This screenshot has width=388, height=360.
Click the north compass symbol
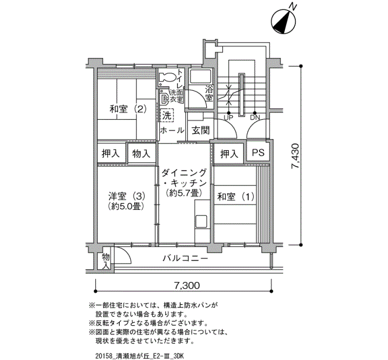[284, 21]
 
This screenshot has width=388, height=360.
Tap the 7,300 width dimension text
[187, 286]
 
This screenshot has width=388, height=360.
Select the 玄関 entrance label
[201, 130]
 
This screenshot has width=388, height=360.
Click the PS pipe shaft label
[258, 152]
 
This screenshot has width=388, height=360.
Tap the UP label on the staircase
[228, 117]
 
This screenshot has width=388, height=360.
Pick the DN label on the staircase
[254, 117]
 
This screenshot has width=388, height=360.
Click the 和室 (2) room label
[128, 109]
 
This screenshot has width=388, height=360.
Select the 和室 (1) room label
[236, 197]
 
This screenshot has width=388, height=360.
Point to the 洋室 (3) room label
[126, 196]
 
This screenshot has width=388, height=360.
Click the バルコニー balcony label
[185, 259]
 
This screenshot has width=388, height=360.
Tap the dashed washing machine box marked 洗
[167, 115]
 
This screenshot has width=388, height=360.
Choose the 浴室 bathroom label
[209, 93]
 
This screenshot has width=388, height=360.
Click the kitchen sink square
[201, 222]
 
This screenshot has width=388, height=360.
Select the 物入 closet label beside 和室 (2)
[141, 154]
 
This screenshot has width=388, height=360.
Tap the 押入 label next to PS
[229, 154]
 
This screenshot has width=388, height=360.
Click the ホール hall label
[172, 130]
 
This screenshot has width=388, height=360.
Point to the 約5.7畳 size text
[184, 193]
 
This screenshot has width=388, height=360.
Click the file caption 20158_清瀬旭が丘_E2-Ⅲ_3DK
[139, 356]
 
